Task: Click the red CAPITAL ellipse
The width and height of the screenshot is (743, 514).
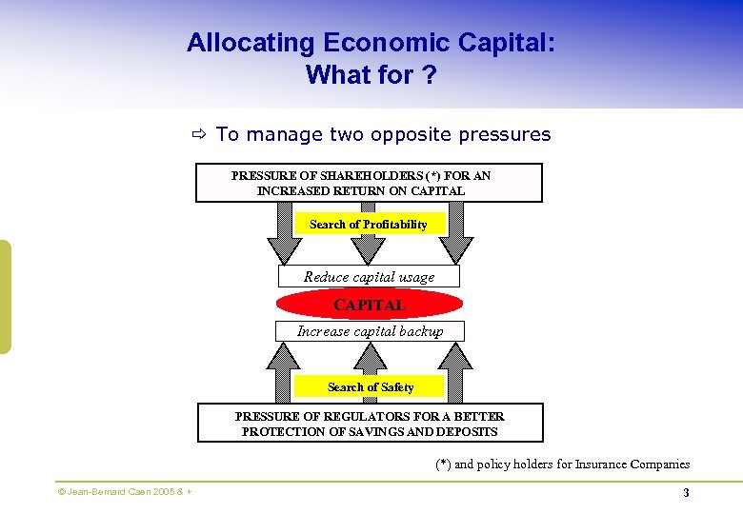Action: (x=370, y=305)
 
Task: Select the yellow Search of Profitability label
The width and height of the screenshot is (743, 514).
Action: (x=368, y=224)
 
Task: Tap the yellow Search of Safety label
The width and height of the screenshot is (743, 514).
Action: (x=370, y=386)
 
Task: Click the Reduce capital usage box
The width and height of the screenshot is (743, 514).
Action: (x=369, y=276)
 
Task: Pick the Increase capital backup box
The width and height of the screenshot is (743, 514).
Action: (x=370, y=331)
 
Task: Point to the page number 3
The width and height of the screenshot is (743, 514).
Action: (x=686, y=492)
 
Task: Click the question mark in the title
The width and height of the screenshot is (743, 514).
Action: (x=429, y=74)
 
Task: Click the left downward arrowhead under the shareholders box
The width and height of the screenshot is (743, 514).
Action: (x=284, y=249)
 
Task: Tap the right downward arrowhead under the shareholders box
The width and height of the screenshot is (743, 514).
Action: (x=455, y=249)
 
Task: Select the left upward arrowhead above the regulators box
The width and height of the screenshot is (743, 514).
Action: (x=284, y=357)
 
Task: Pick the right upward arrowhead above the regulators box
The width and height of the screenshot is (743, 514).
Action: (x=455, y=357)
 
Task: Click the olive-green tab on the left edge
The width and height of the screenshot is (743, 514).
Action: (x=5, y=296)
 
